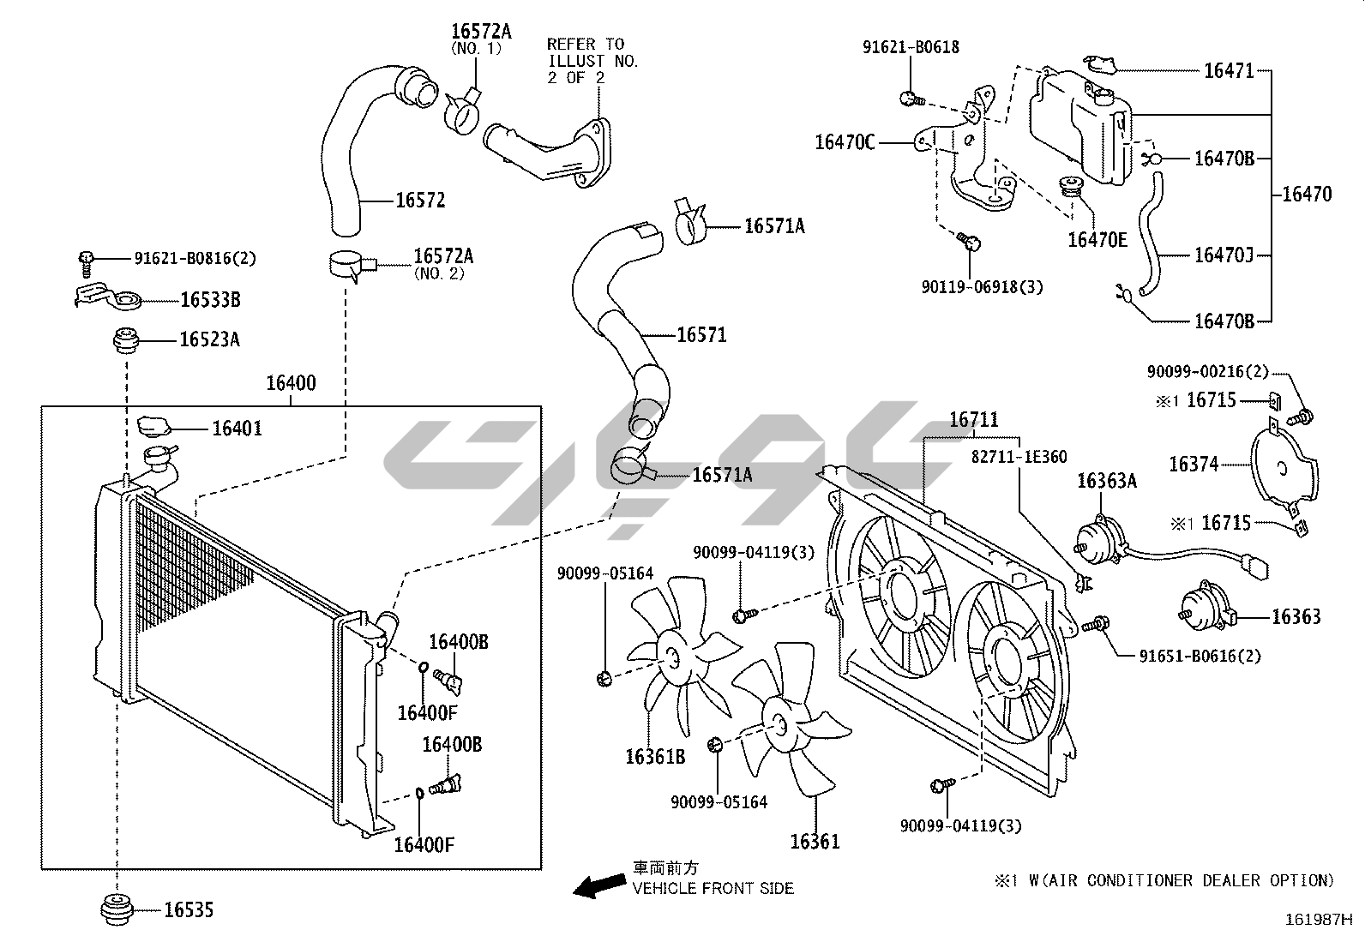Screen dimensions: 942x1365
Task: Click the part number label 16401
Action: (x=237, y=428)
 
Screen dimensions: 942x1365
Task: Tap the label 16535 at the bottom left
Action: (x=189, y=909)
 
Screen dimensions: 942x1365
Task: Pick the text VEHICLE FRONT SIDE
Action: (x=713, y=889)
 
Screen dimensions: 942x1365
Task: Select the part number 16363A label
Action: (x=1106, y=481)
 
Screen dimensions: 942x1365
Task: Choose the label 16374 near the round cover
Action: (x=1193, y=464)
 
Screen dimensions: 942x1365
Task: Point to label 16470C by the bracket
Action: (x=845, y=142)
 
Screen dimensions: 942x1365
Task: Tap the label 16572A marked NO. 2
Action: (x=442, y=255)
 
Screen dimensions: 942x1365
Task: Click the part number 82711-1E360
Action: (x=1019, y=457)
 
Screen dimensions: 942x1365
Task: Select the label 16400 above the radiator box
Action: (x=290, y=383)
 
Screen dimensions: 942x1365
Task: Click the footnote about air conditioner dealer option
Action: (x=1164, y=880)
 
